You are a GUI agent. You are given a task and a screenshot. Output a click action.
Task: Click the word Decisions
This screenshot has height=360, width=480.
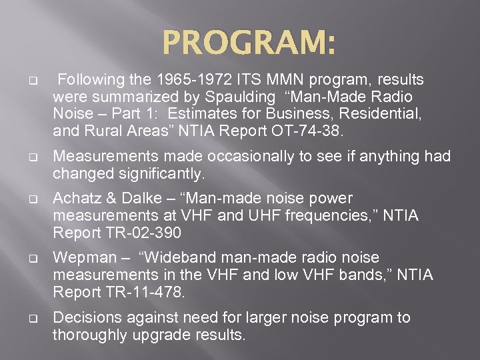pos(83,318)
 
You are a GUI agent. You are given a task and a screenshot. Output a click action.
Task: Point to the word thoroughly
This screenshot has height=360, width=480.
pos(89,335)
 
